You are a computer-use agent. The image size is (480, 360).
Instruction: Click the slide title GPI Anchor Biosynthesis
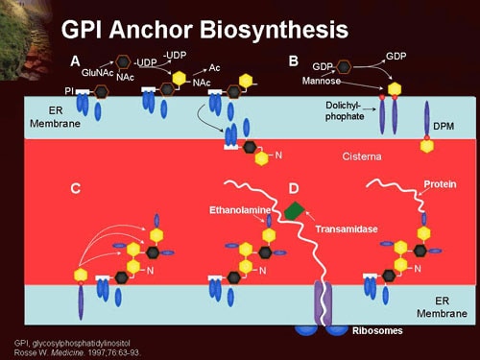(204, 28)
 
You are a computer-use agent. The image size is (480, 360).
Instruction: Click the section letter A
(75, 60)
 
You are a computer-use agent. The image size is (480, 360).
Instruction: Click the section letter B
(294, 60)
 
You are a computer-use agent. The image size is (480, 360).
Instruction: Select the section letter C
(75, 188)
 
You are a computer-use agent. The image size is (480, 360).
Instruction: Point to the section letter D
(294, 188)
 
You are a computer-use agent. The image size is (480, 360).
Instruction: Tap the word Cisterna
(363, 155)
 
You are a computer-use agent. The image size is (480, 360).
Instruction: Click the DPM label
(443, 126)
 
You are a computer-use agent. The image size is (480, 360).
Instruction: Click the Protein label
(441, 183)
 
